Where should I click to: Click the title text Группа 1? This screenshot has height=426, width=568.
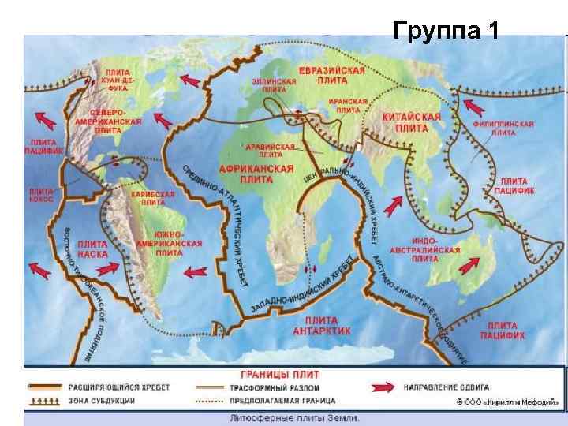click(446, 32)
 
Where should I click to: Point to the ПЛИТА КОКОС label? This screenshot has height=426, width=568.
click(41, 195)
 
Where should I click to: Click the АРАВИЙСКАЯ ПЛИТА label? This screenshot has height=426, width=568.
click(276, 151)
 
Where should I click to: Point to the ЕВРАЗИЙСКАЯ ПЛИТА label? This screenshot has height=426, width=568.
click(331, 76)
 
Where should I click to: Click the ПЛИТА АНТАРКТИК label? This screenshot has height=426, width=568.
click(317, 326)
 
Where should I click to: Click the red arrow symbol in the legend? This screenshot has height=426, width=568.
click(380, 388)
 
